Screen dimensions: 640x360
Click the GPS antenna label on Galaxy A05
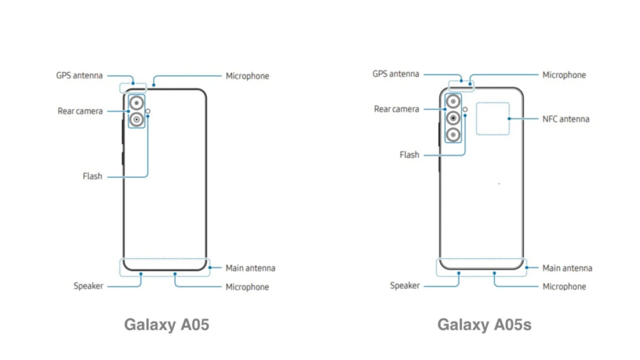(79, 76)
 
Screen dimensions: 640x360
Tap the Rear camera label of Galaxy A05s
(396, 109)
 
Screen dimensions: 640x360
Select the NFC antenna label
(566, 119)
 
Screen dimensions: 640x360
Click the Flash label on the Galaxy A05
(92, 176)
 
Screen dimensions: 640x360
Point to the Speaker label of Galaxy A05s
(404, 286)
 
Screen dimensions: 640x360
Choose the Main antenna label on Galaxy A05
(250, 268)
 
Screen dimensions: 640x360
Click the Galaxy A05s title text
(484, 325)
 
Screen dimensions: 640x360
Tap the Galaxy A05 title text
(166, 325)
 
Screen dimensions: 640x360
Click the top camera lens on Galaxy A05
(136, 103)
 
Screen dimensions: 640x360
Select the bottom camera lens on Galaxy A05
(136, 119)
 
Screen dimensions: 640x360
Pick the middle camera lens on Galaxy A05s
(453, 118)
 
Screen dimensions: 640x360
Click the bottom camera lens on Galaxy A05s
(453, 135)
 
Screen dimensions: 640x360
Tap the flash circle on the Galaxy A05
(147, 111)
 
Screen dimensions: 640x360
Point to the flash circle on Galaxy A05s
(465, 109)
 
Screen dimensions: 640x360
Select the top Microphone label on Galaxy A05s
(564, 75)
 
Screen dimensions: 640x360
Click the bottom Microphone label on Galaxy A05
(247, 287)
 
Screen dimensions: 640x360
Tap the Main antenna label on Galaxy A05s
(567, 268)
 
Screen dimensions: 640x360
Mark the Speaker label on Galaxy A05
(88, 286)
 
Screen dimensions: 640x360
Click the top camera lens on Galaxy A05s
(453, 101)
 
